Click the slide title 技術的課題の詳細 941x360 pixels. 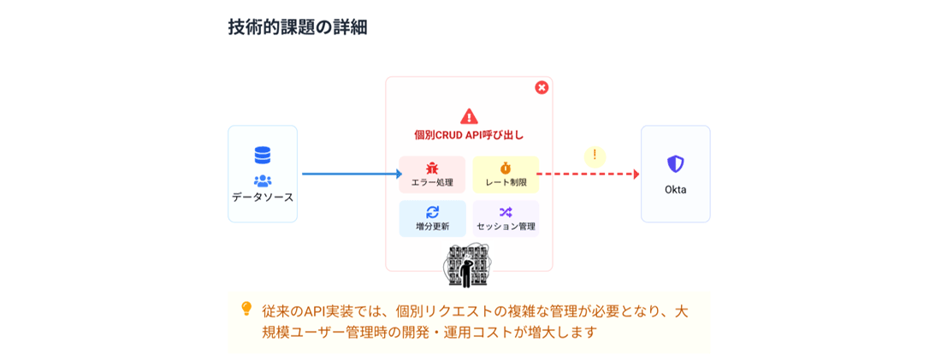point(297,27)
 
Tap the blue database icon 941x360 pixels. point(263,156)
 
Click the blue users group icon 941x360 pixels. point(263,180)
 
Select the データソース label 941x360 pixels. point(263,198)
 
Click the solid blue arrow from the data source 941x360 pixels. point(351,174)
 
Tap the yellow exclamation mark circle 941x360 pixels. point(595,156)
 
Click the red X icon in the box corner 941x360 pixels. point(542,87)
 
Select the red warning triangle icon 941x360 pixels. point(469,116)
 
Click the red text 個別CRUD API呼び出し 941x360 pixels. point(469,135)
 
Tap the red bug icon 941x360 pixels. point(432,168)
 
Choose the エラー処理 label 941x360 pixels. point(432,183)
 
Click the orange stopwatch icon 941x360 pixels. point(506,168)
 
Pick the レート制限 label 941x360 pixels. point(506,183)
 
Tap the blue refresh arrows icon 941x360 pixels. point(432,211)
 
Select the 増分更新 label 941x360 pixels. point(432,227)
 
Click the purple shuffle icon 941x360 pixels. point(506,211)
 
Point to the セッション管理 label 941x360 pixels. point(506,227)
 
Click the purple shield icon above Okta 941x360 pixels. point(675,164)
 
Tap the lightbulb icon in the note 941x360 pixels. point(246,309)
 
